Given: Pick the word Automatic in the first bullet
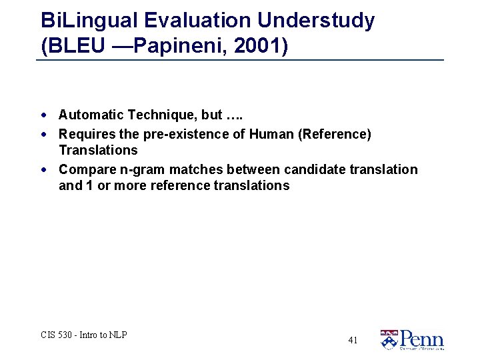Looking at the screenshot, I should pos(88,115).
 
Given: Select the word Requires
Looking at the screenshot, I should pos(83,134).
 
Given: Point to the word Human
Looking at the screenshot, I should pos(271,134).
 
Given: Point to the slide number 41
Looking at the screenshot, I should pos(353,341).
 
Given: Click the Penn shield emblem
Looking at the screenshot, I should pos(388,340).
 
